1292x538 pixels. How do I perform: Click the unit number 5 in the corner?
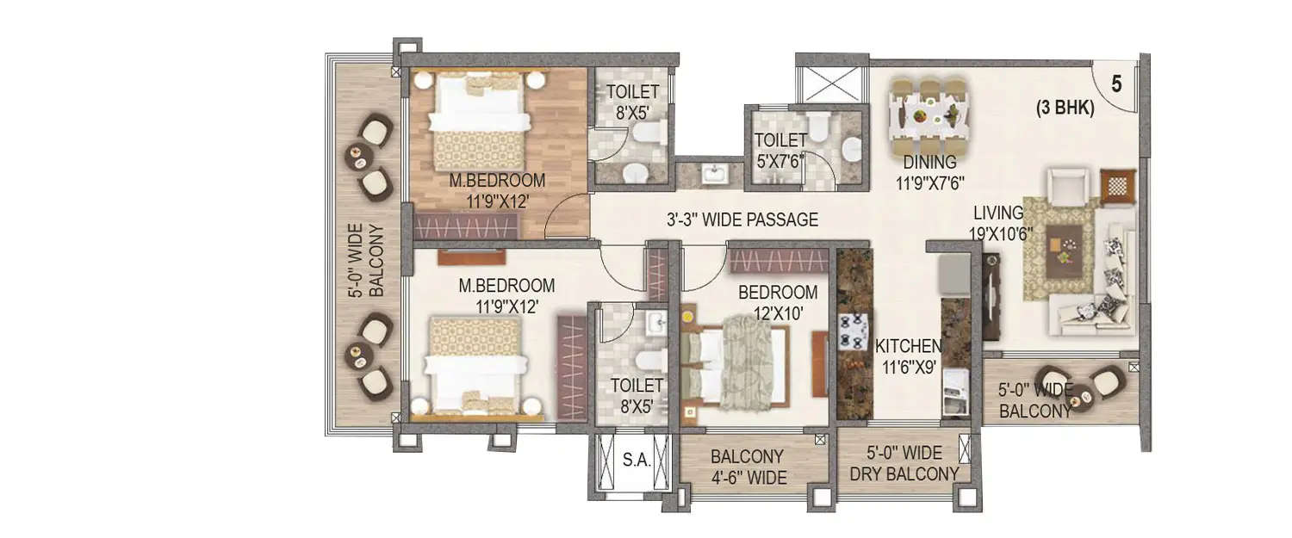pyautogui.click(x=1116, y=83)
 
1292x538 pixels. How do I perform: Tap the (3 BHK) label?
pyautogui.click(x=1065, y=109)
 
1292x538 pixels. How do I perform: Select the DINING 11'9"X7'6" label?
pyautogui.click(x=929, y=172)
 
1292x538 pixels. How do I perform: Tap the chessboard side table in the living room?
pyautogui.click(x=1118, y=187)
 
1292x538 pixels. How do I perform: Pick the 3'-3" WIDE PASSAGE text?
pyautogui.click(x=742, y=220)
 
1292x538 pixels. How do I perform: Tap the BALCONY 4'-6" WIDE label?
pyautogui.click(x=748, y=467)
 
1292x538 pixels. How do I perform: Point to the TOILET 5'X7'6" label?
pyautogui.click(x=780, y=149)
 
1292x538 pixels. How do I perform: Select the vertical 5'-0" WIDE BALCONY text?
pyautogui.click(x=365, y=261)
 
